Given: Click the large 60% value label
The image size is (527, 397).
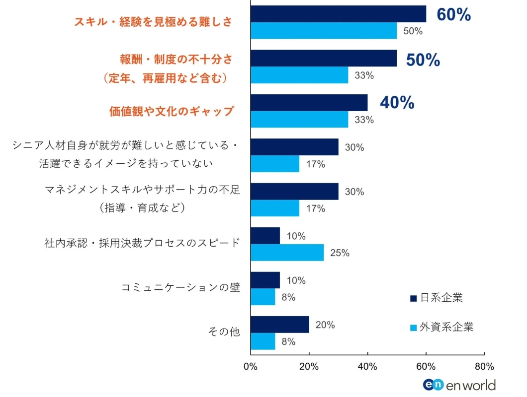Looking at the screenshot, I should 453,15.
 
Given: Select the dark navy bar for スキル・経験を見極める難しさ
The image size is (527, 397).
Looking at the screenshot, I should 338,14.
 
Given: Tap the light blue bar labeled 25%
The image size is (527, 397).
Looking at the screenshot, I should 287,253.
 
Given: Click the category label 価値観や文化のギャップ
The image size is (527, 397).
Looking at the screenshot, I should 171,111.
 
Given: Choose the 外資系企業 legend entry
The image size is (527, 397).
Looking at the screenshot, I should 441,327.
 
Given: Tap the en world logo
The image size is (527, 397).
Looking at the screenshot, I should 459,385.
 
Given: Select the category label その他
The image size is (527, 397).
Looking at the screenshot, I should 224,332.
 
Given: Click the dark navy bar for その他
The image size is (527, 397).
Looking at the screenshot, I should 279,325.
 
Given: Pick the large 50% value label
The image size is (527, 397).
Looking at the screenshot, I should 423,60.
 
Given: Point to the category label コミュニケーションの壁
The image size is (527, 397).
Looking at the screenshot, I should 181,288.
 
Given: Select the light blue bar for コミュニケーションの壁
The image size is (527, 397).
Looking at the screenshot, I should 263,297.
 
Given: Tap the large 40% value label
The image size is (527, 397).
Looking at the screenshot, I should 397,103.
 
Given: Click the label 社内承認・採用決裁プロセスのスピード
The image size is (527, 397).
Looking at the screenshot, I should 142,243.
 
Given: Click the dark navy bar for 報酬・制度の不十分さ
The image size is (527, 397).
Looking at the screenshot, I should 323,58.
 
